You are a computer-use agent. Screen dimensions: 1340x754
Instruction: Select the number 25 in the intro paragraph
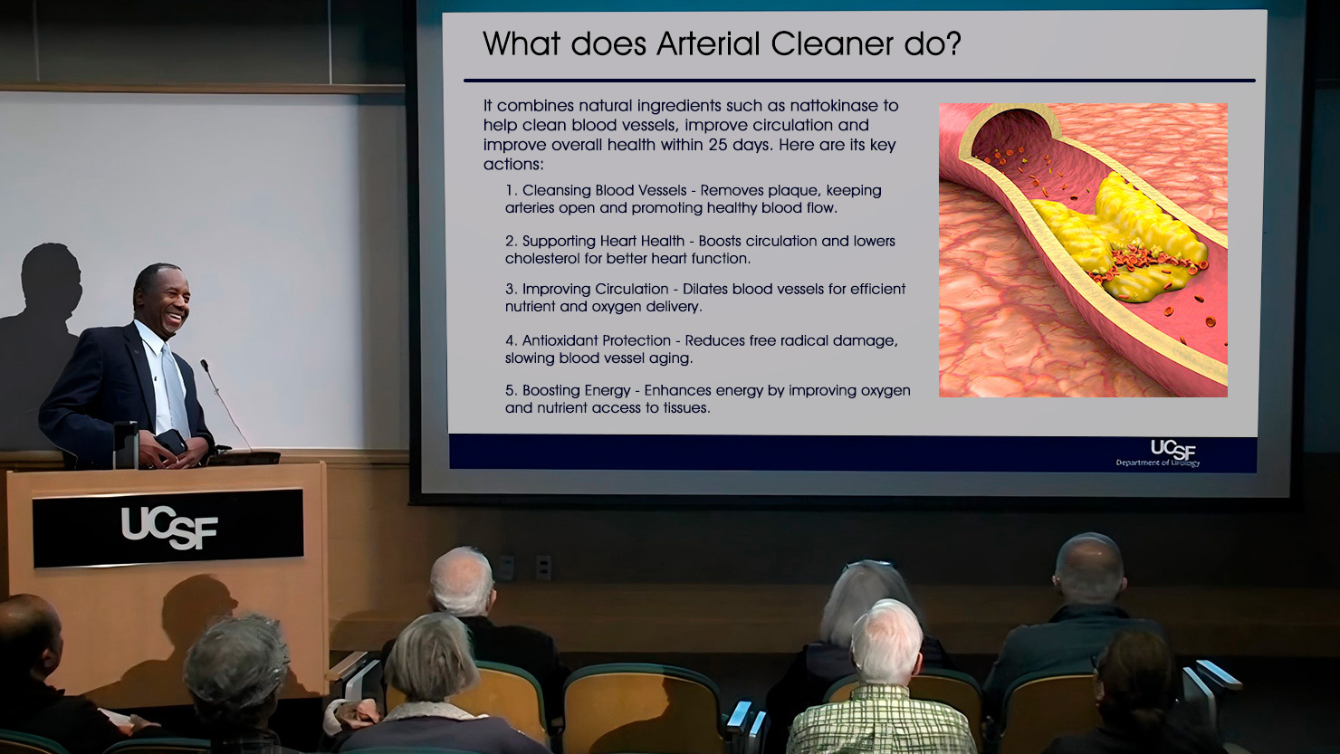(718, 145)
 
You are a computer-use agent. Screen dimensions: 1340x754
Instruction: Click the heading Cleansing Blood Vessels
(604, 190)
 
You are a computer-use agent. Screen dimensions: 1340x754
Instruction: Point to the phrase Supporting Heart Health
(603, 241)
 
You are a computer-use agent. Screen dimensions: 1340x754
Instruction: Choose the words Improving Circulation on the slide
(595, 289)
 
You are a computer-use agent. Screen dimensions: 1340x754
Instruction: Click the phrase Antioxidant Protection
(597, 340)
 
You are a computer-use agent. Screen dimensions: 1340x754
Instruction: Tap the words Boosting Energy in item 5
(576, 390)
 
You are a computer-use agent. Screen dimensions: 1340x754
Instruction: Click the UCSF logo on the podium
(169, 528)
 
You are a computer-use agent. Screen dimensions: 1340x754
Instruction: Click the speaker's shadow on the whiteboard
(42, 335)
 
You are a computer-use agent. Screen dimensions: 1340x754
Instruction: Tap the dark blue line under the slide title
(859, 81)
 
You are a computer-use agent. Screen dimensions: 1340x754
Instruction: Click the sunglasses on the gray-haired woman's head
(868, 565)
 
